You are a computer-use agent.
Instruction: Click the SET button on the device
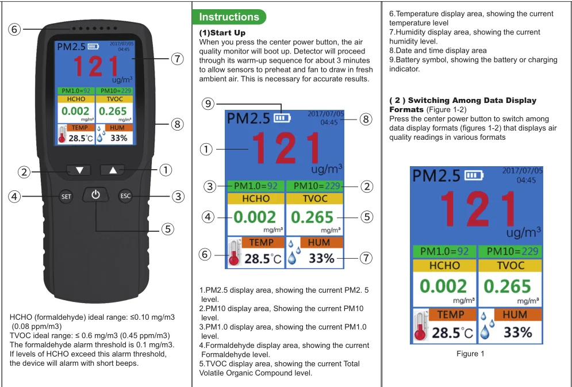(66, 197)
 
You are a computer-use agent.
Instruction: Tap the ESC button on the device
(125, 196)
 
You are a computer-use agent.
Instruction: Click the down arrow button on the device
(79, 170)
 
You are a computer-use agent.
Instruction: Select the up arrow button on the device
(113, 170)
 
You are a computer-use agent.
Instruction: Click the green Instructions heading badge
(229, 17)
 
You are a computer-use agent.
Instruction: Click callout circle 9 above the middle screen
(208, 104)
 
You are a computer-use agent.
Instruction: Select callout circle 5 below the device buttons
(167, 229)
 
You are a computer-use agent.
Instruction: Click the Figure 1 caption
(470, 354)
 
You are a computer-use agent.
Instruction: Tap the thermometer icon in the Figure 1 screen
(421, 326)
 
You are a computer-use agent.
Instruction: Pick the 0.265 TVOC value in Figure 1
(507, 286)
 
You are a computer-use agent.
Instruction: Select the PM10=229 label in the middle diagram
(315, 186)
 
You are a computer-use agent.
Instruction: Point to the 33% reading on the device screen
(119, 138)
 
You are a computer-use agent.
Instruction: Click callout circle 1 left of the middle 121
(206, 149)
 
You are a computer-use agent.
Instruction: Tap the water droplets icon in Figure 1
(488, 326)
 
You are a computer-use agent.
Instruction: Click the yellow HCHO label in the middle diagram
(256, 198)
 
